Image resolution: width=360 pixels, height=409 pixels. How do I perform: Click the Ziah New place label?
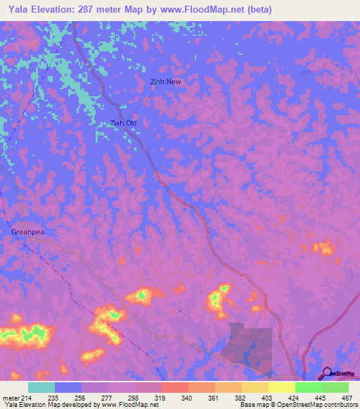point(166,82)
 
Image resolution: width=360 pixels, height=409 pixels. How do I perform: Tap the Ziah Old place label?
point(123,123)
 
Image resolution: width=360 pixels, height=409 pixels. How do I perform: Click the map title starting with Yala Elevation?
point(139,9)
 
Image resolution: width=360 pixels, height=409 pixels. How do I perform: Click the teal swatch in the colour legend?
point(41,387)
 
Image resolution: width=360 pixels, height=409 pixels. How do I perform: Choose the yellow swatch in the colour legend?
point(282,387)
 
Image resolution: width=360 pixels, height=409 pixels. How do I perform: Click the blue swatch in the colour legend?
point(68,387)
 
